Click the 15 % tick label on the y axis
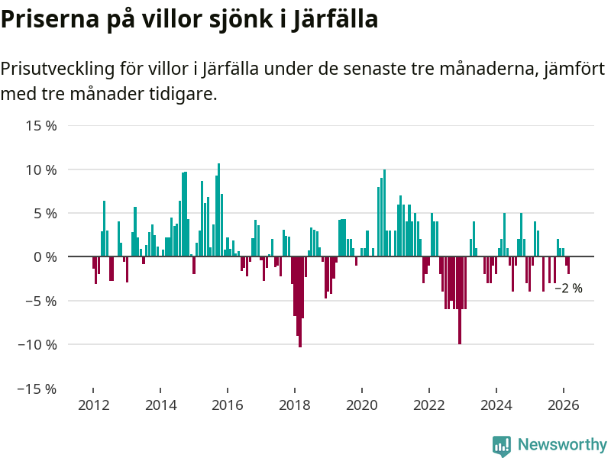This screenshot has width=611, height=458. click(x=42, y=126)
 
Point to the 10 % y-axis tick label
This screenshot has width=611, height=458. click(x=42, y=169)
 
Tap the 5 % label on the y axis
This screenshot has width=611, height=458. click(x=45, y=213)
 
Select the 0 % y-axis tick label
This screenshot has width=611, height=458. click(x=45, y=257)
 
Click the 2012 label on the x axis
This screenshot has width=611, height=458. click(x=93, y=405)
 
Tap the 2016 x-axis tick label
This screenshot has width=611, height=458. click(x=228, y=405)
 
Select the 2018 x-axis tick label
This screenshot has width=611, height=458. click(x=295, y=405)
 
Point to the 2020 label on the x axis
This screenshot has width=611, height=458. click(x=362, y=405)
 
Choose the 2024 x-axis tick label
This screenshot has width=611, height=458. click(x=496, y=405)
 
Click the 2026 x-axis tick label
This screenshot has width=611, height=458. click(x=564, y=405)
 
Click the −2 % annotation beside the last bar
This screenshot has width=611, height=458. click(x=568, y=289)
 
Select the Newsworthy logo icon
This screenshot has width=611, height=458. click(x=502, y=446)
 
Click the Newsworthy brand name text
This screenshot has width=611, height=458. click(x=562, y=444)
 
